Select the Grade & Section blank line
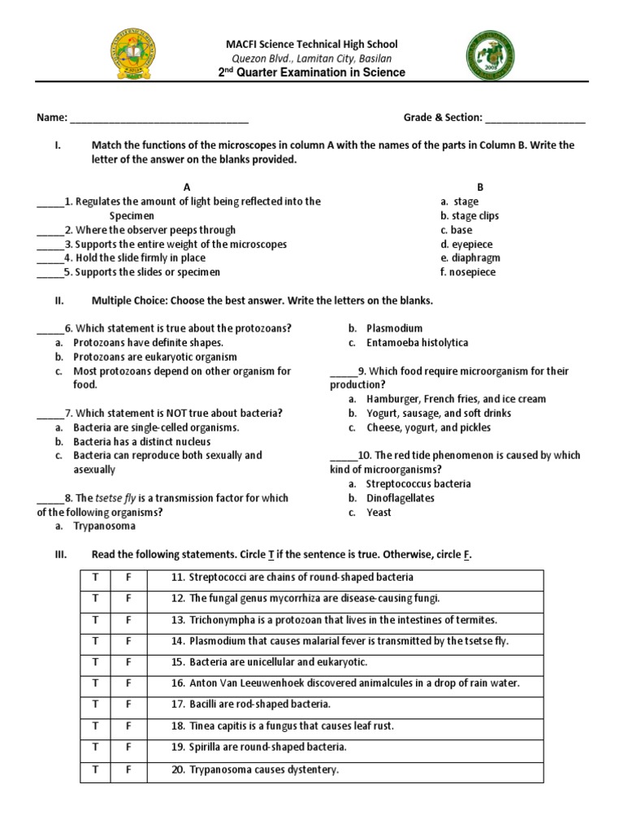pyautogui.click(x=535, y=119)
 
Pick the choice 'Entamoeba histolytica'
pyautogui.click(x=417, y=343)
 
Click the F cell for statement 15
pyautogui.click(x=128, y=662)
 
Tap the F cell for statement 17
pyautogui.click(x=128, y=704)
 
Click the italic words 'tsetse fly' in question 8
pyautogui.click(x=119, y=498)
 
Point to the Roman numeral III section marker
pyautogui.click(x=59, y=555)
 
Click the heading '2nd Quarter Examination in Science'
pyautogui.click(x=312, y=73)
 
